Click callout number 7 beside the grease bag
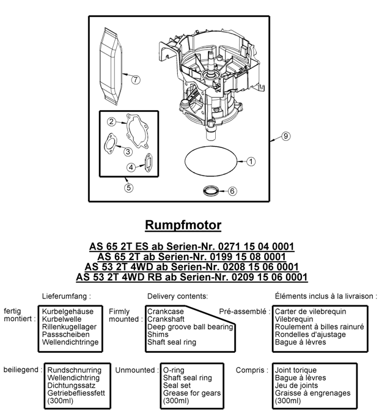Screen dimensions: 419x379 point(136,80)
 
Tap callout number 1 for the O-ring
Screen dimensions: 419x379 point(250,161)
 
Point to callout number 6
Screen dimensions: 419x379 point(232,191)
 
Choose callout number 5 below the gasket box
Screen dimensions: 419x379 point(129,188)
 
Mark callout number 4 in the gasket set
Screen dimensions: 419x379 point(131,167)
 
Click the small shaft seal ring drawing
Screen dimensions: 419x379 point(210,190)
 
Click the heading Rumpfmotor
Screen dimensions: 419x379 point(183,224)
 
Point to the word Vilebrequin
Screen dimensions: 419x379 point(296,319)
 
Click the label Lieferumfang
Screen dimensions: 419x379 point(67,296)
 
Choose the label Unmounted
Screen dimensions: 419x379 point(134,370)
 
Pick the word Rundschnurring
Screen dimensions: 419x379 point(74,370)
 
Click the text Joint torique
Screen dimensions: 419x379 point(296,370)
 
